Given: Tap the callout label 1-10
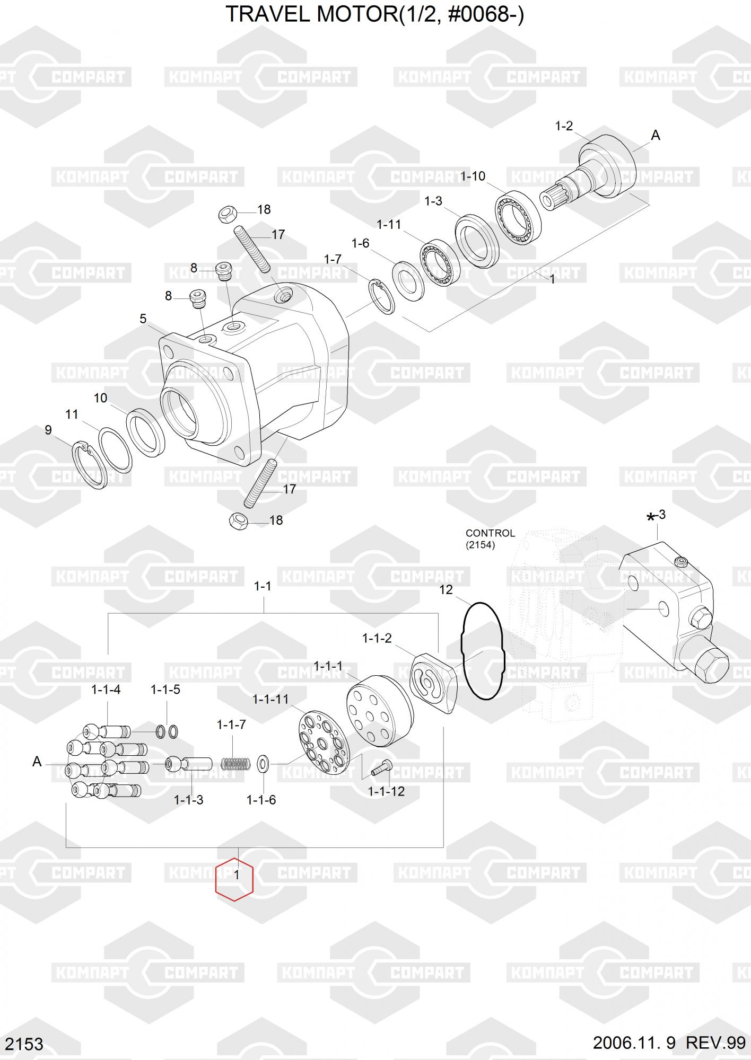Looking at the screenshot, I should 472,176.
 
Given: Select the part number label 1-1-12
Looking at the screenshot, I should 386,791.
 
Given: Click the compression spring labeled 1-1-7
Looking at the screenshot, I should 235,764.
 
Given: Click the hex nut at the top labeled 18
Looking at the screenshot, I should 228,215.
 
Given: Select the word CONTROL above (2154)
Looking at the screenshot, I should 490,533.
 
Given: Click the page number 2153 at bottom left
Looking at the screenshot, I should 25,1044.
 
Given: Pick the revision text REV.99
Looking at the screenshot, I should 716,1043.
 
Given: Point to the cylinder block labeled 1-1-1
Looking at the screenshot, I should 379,704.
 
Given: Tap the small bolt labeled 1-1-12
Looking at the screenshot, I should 381,767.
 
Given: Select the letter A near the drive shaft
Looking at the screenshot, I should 656,136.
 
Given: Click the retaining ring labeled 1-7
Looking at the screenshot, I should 381,297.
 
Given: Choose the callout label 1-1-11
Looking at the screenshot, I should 270,699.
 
